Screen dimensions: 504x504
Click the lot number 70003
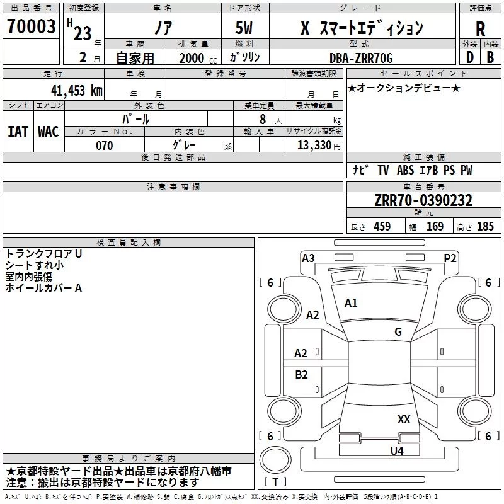31,26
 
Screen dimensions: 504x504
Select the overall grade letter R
480,29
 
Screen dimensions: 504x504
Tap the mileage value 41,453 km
76,91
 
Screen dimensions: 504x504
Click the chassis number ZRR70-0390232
423,200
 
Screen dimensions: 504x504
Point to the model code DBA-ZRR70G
361,58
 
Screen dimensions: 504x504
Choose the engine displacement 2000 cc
198,59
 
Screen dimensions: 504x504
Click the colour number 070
105,146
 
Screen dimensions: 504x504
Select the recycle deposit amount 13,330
314,146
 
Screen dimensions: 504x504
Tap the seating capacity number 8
263,119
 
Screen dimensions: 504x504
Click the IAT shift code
18,132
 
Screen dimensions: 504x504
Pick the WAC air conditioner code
49,132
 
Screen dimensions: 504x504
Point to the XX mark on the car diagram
404,420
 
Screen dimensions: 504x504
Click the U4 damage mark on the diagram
397,451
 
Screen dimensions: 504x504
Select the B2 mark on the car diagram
301,375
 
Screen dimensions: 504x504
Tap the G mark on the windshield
398,332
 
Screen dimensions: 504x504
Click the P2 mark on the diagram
450,258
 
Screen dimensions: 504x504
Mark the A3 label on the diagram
308,258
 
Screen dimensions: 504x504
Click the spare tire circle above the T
275,460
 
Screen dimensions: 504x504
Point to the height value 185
485,226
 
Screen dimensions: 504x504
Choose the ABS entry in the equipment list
405,170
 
